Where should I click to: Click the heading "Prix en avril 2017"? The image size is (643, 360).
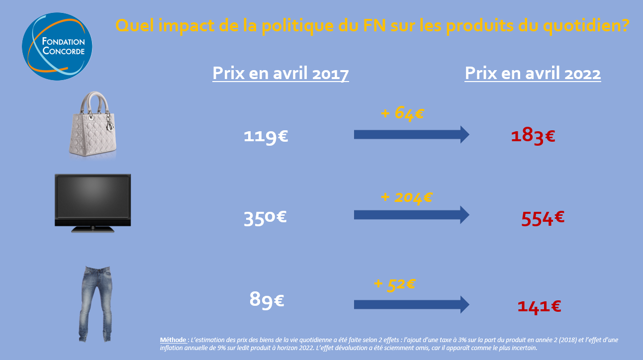[x=280, y=74]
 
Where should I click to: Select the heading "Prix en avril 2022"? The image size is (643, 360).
[x=533, y=74]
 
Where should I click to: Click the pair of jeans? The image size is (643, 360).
[x=96, y=303]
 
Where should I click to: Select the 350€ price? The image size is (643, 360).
[x=265, y=218]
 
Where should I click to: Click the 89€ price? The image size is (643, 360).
[x=267, y=300]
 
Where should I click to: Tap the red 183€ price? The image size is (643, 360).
[x=533, y=136]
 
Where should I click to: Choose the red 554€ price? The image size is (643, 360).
[x=543, y=218]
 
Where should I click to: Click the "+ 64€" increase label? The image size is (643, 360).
[x=402, y=113]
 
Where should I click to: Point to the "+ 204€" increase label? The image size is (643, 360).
[x=406, y=197]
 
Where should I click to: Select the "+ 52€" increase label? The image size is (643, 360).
[x=394, y=284]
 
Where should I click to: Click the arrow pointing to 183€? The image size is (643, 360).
[x=411, y=134]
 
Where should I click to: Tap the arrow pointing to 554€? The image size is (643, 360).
[x=411, y=215]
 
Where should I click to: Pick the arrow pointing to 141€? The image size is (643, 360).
[x=411, y=304]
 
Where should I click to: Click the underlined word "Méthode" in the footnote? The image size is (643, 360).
[x=172, y=340]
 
